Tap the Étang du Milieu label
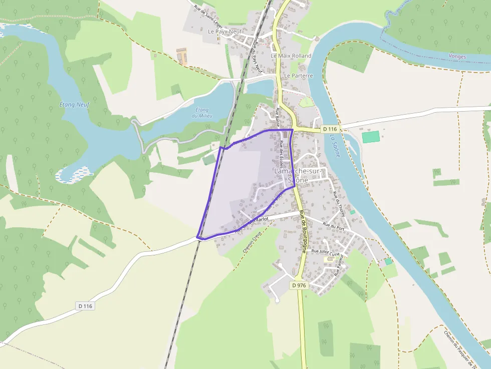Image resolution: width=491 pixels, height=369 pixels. click(x=202, y=113)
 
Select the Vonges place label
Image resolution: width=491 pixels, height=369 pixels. click(x=457, y=57)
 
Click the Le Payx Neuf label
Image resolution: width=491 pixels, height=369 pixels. click(x=225, y=31)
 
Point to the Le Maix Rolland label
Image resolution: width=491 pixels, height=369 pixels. click(x=291, y=56)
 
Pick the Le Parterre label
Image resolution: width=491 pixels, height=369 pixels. click(x=298, y=76)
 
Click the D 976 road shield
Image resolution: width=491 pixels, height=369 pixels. click(x=299, y=285)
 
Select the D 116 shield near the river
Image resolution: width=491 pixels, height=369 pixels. click(x=330, y=129)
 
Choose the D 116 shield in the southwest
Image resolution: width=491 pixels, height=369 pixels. click(x=86, y=306)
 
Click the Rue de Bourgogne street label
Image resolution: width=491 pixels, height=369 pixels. click(x=303, y=231)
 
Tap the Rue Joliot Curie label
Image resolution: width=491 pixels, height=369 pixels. click(x=325, y=252)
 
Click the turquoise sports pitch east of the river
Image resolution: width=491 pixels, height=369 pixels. click(x=371, y=137)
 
